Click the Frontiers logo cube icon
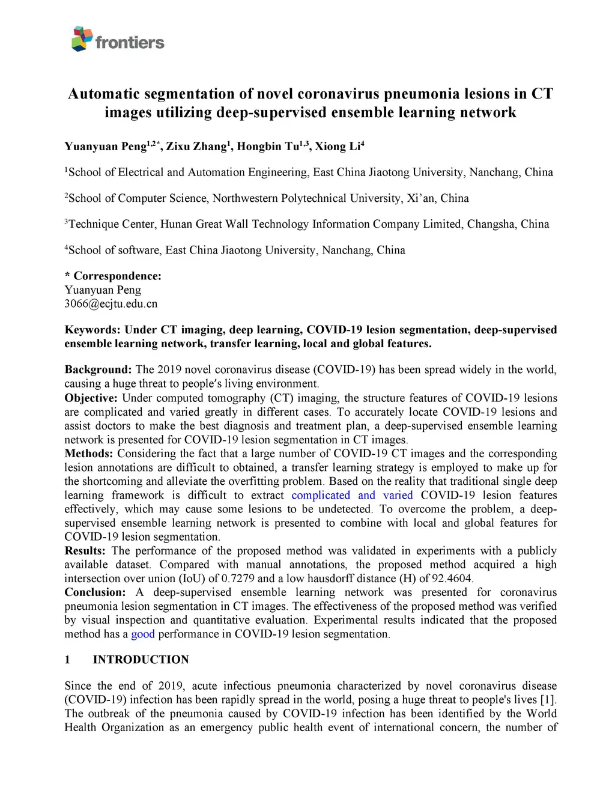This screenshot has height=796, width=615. point(82,38)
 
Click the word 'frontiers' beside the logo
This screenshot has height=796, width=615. point(130,43)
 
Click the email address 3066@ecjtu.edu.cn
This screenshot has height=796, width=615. point(111,304)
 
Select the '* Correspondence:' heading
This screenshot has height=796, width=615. point(113,276)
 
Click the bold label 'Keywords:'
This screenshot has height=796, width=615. point(92,330)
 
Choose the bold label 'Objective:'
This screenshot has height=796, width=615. point(91,398)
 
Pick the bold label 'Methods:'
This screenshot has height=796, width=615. point(89,454)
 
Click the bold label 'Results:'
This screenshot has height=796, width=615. point(85,551)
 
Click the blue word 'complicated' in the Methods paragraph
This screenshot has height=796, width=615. point(321,496)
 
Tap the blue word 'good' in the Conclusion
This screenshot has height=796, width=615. point(143,634)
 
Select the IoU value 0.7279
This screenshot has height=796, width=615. point(238,579)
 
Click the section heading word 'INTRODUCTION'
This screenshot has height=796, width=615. point(141,660)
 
